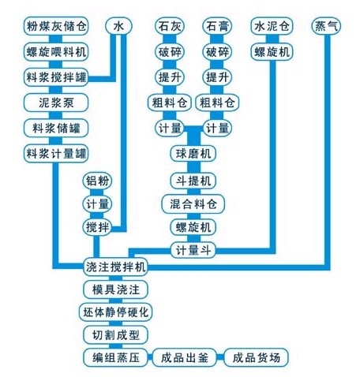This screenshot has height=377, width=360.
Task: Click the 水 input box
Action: point(119,26)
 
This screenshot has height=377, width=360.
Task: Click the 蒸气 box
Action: point(327,26)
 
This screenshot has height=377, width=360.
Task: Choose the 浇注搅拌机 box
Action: point(115,265)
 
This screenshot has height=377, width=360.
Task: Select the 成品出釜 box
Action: point(186,357)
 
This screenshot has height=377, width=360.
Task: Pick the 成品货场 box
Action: point(257,357)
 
